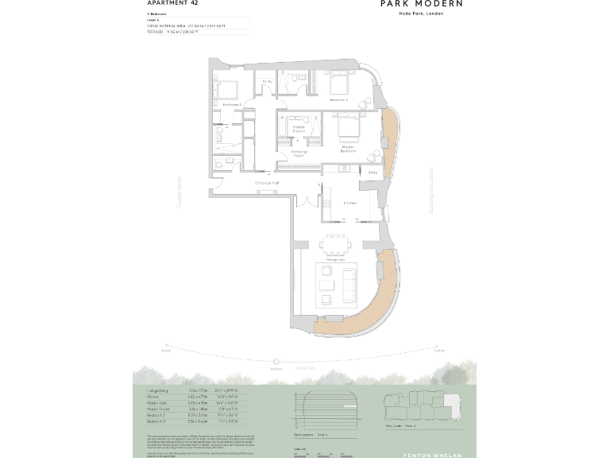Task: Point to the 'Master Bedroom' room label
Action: click(347, 148)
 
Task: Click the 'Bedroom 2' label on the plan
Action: click(339, 99)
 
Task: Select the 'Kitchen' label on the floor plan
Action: click(350, 203)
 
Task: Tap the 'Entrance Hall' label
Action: click(267, 183)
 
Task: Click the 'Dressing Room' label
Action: click(299, 153)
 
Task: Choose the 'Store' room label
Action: click(373, 172)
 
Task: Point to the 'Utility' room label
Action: click(268, 82)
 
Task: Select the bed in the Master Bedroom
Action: click(347, 127)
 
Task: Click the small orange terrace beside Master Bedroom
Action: click(392, 143)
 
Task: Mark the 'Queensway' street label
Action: click(180, 192)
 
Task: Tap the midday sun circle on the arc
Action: click(276, 362)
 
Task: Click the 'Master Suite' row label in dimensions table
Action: click(159, 403)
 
